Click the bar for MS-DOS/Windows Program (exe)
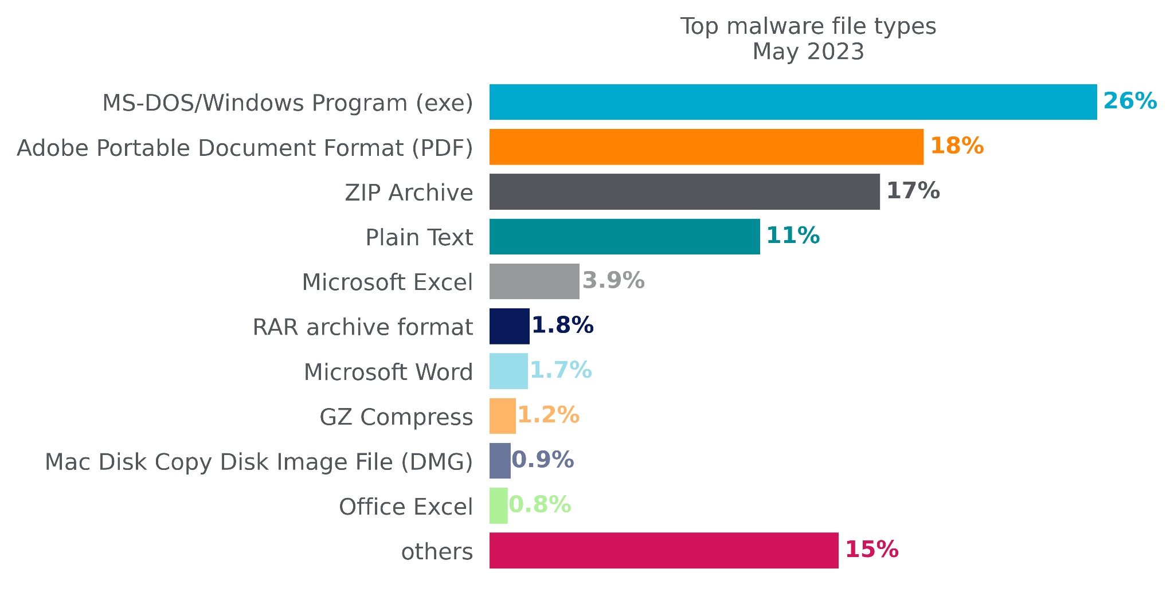pyautogui.click(x=793, y=102)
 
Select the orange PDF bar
pyautogui.click(x=706, y=147)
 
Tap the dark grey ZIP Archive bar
pyautogui.click(x=684, y=191)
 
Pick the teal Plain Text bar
pyautogui.click(x=624, y=236)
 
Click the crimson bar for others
pyautogui.click(x=664, y=550)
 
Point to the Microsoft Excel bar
pyautogui.click(x=534, y=281)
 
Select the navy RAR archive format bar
pyautogui.click(x=509, y=326)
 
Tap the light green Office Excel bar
pyautogui.click(x=498, y=505)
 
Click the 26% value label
pyautogui.click(x=1130, y=101)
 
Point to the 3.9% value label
pyautogui.click(x=613, y=281)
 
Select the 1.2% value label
pyautogui.click(x=548, y=415)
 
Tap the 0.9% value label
pyautogui.click(x=542, y=460)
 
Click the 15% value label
pyautogui.click(x=871, y=550)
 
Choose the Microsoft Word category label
pyautogui.click(x=388, y=372)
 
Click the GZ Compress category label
pyautogui.click(x=396, y=417)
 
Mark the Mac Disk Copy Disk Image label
pyautogui.click(x=259, y=462)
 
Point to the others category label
pyautogui.click(x=437, y=552)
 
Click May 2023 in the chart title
pyautogui.click(x=808, y=52)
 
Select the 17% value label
pyautogui.click(x=913, y=191)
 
